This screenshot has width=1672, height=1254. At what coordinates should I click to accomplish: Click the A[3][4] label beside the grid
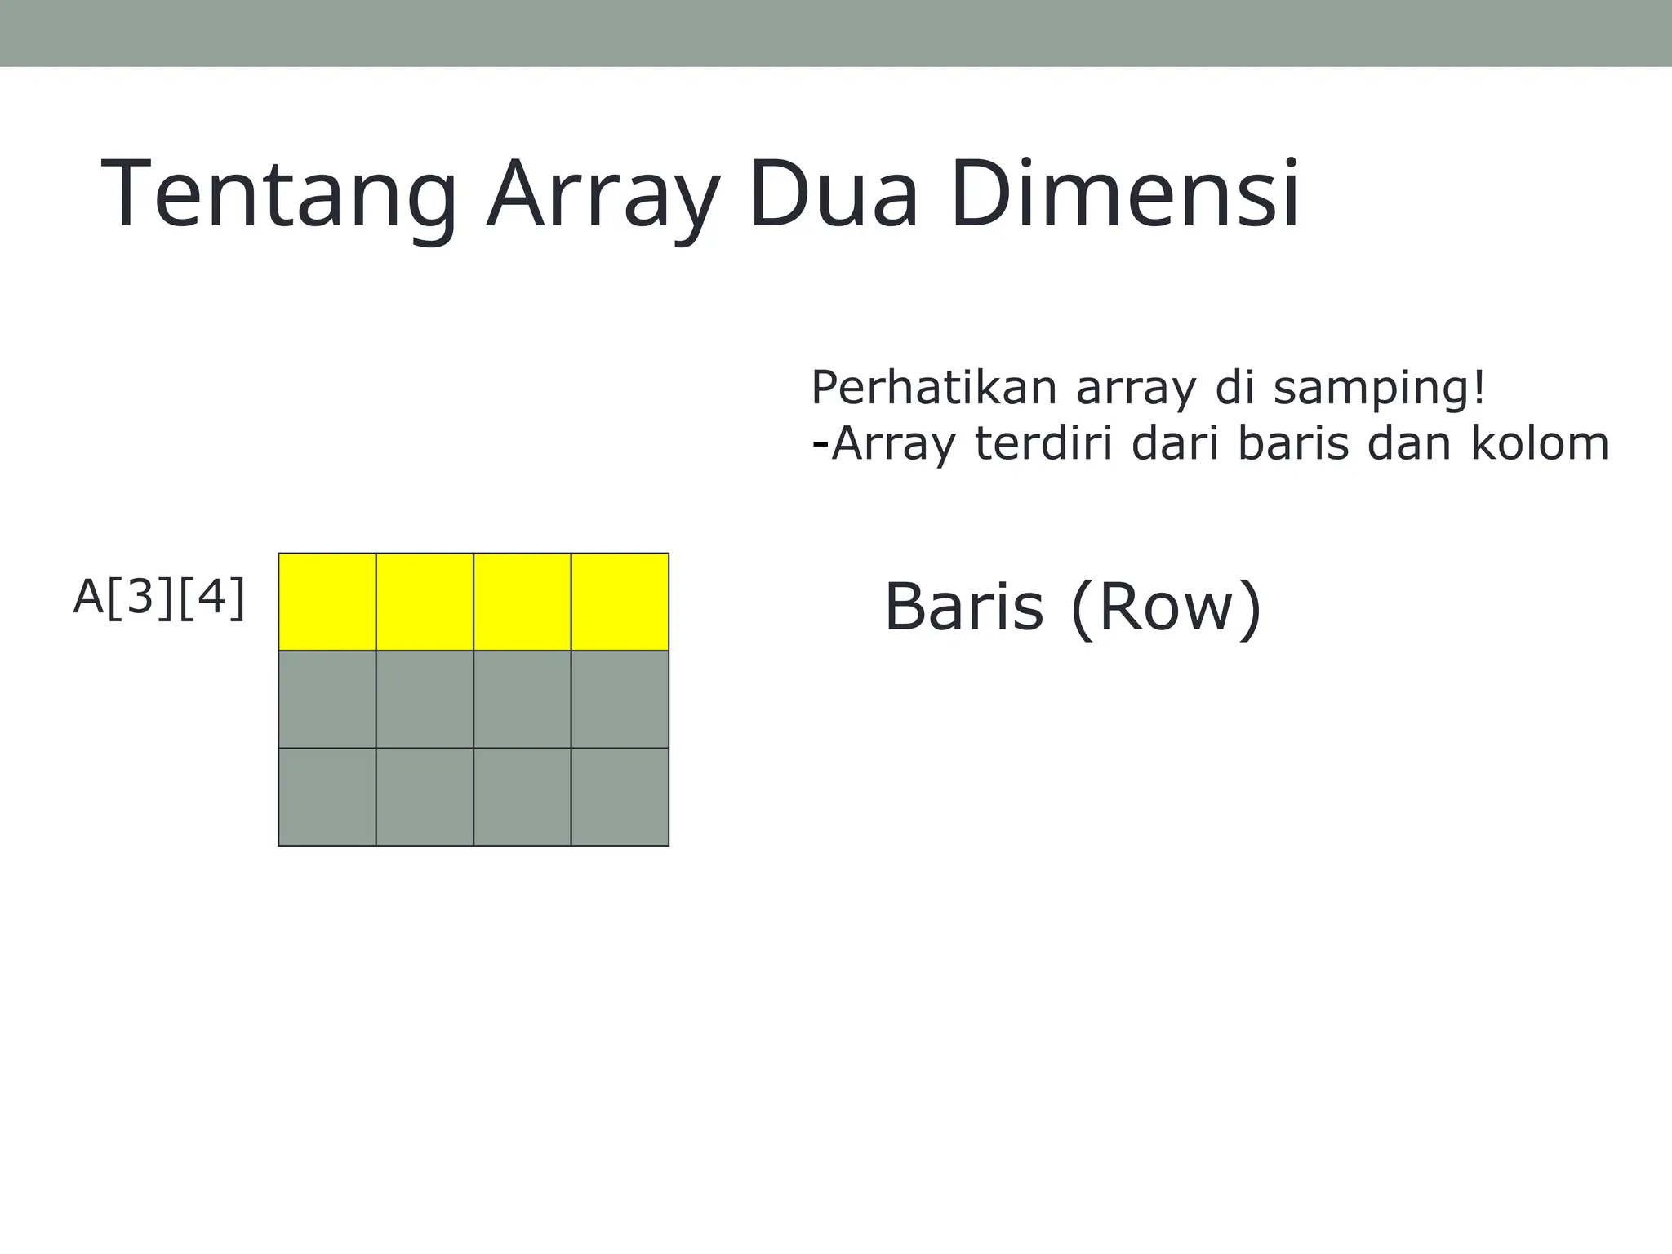(159, 598)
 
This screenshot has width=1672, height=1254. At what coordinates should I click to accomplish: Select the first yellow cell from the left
(327, 602)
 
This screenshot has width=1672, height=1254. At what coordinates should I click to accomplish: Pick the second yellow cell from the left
(425, 602)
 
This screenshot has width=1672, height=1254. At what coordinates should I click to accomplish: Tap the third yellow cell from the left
(522, 602)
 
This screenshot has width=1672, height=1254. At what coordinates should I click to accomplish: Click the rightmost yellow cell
(620, 602)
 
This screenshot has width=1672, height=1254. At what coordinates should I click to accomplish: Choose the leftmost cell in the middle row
(327, 700)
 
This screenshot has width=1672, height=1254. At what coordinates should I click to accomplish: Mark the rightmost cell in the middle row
(620, 700)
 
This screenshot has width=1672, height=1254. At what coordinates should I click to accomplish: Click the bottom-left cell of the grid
(327, 797)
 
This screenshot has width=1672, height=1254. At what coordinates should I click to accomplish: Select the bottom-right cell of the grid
(620, 797)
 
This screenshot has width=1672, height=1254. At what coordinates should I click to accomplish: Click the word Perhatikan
(933, 388)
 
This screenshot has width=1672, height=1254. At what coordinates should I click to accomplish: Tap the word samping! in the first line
(1380, 389)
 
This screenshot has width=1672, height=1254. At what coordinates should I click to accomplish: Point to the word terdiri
(1044, 444)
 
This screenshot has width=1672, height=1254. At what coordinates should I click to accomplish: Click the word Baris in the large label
(964, 607)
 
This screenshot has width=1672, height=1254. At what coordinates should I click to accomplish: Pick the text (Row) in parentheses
(1166, 609)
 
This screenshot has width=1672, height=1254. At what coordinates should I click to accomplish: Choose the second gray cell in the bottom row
(425, 797)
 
